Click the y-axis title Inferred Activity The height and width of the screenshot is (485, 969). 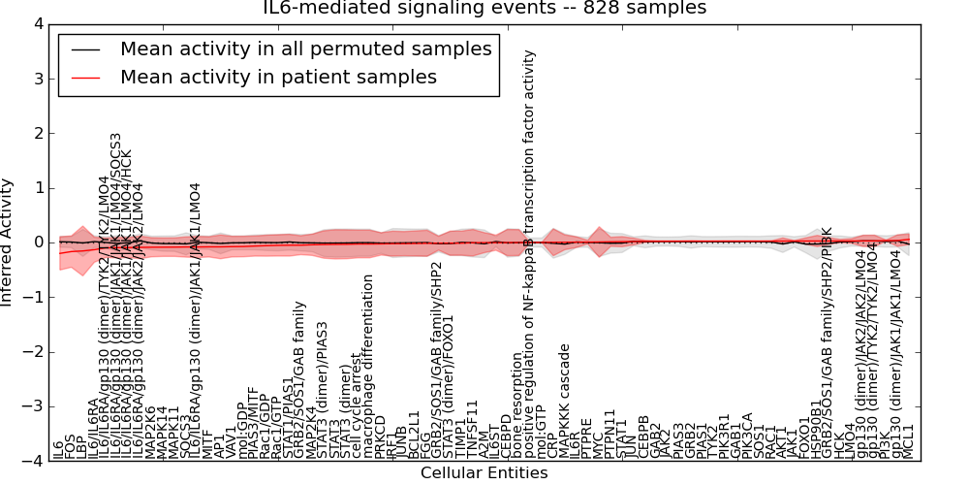coord(9,242)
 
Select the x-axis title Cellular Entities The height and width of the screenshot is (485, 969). coord(484,473)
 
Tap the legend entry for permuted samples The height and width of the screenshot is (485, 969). coord(305,48)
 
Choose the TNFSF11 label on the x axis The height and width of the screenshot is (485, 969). coord(473,429)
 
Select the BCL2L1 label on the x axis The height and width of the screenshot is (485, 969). coord(415,434)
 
